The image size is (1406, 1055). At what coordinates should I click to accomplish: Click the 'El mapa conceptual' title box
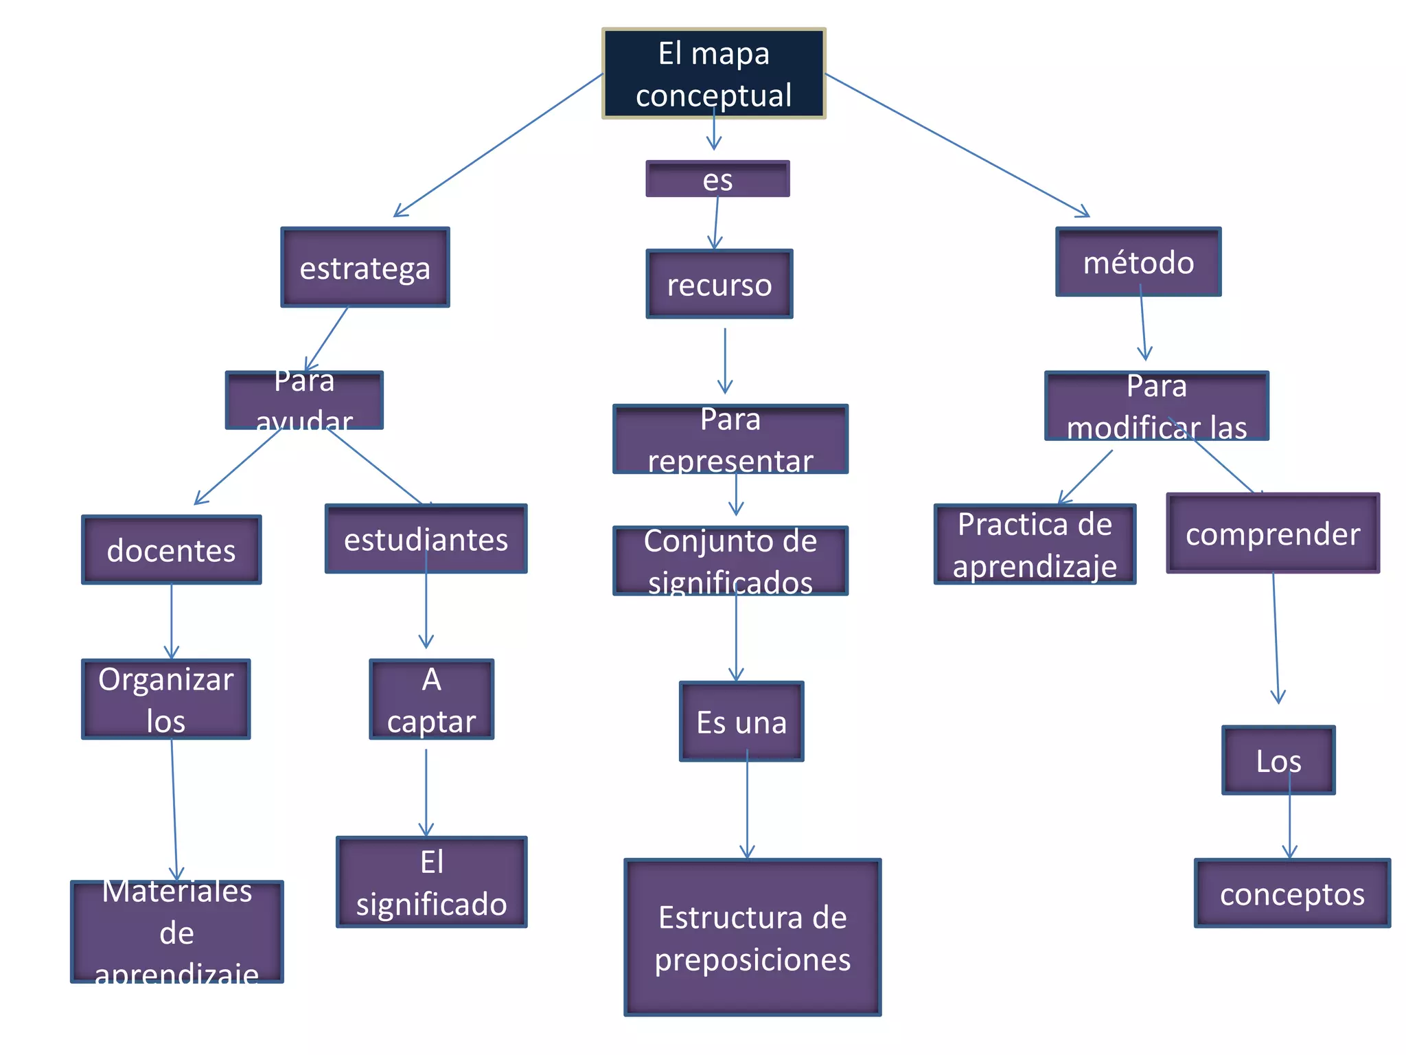click(713, 73)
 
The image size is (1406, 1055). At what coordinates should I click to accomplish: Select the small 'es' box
click(717, 179)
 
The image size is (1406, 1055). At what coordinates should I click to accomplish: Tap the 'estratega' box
click(365, 267)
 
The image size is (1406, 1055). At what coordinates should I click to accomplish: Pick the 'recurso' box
click(719, 284)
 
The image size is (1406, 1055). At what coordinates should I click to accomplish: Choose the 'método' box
click(1138, 262)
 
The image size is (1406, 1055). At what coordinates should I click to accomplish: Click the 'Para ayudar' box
click(304, 400)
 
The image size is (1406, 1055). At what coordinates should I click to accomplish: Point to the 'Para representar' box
click(730, 439)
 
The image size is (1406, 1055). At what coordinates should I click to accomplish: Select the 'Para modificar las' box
click(1157, 406)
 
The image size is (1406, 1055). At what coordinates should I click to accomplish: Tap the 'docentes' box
click(172, 549)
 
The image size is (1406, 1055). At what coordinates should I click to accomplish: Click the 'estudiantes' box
click(426, 539)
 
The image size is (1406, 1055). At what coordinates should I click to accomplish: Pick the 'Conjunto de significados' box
click(730, 560)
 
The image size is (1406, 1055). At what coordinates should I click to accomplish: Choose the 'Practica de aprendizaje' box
click(1035, 544)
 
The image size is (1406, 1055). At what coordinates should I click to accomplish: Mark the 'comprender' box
click(1273, 533)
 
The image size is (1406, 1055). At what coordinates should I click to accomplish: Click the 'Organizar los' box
click(166, 699)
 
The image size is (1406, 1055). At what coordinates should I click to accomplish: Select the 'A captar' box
click(431, 699)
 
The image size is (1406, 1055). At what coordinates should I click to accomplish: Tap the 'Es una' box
click(741, 722)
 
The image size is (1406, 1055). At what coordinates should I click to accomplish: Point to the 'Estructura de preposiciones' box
click(752, 938)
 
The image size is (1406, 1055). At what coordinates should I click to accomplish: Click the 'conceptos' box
click(1292, 894)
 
